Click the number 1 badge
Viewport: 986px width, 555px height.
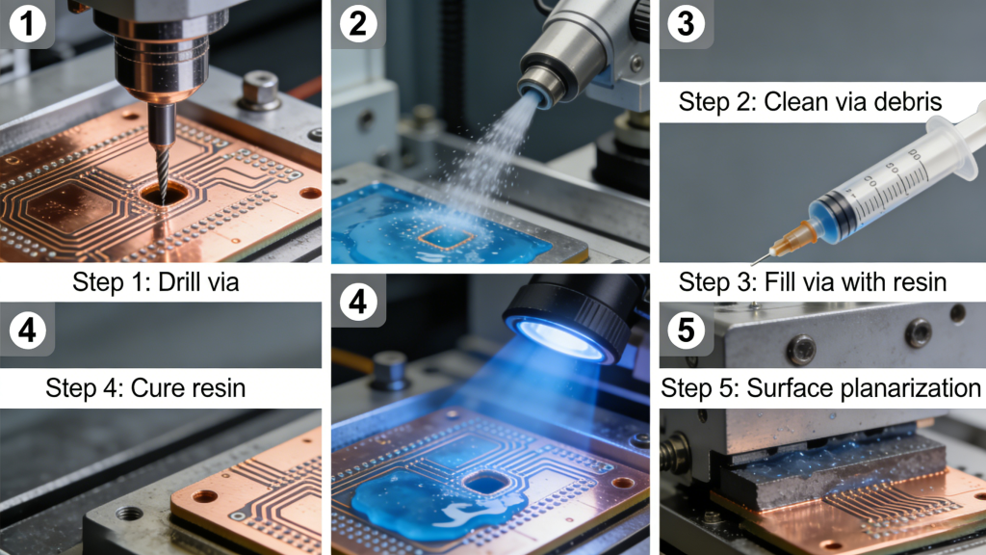25,24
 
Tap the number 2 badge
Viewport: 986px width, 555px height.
357,24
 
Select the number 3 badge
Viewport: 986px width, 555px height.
686,24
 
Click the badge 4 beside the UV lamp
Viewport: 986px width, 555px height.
357,303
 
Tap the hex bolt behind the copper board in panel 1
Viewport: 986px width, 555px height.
260,91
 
